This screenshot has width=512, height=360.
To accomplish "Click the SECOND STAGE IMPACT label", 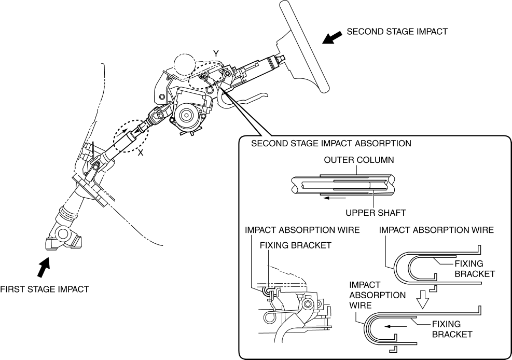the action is coord(397,32).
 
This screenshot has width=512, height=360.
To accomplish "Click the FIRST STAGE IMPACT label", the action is coord(45,289).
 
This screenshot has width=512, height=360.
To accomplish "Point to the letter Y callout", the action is coord(216,53).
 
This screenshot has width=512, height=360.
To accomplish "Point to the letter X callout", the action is coord(141,153).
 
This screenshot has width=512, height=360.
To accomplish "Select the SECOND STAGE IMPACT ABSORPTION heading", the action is coord(331,143).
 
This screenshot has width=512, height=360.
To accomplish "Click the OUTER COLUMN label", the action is coord(359,160).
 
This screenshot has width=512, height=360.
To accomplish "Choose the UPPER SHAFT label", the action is coord(376,213).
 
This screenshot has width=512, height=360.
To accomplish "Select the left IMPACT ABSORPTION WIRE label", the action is coord(302,230).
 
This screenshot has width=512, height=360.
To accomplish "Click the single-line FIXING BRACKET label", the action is coord(296,245).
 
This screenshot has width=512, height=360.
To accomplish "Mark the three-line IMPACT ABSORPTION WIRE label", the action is coord(378,295).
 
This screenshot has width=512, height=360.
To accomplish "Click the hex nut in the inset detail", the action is coord(307,304).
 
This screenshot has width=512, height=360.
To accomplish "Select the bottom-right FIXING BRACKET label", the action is coord(452,329).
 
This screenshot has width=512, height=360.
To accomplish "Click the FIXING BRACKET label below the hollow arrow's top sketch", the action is coord(475,269).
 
